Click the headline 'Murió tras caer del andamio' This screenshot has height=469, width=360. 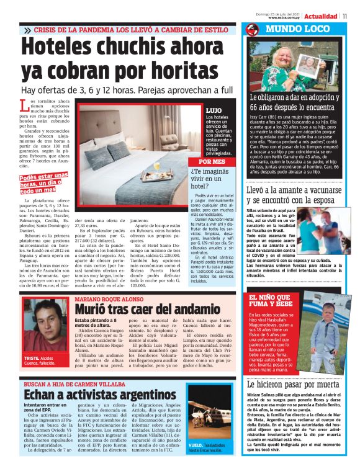(143, 308)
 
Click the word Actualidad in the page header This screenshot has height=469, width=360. (321, 16)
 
